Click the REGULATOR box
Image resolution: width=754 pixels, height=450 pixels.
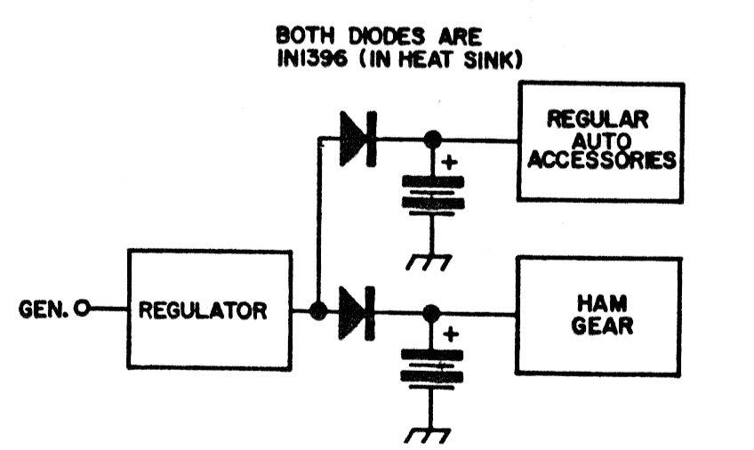click(210, 310)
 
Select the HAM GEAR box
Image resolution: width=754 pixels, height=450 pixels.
click(599, 316)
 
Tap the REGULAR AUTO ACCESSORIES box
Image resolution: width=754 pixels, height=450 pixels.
click(601, 141)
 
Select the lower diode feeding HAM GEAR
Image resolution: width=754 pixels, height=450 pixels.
click(359, 311)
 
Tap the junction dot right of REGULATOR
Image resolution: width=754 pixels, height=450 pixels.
click(318, 311)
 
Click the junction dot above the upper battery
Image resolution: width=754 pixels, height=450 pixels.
click(432, 140)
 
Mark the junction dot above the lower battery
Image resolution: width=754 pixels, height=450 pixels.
click(432, 312)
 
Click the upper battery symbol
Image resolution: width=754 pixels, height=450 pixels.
click(433, 191)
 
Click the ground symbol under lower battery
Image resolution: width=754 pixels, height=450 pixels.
click(431, 435)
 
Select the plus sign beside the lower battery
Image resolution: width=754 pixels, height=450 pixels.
click(450, 334)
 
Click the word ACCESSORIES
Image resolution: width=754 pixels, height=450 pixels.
click(601, 161)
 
